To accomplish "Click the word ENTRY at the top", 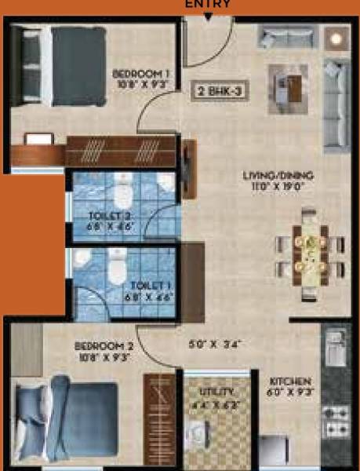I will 208,4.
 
